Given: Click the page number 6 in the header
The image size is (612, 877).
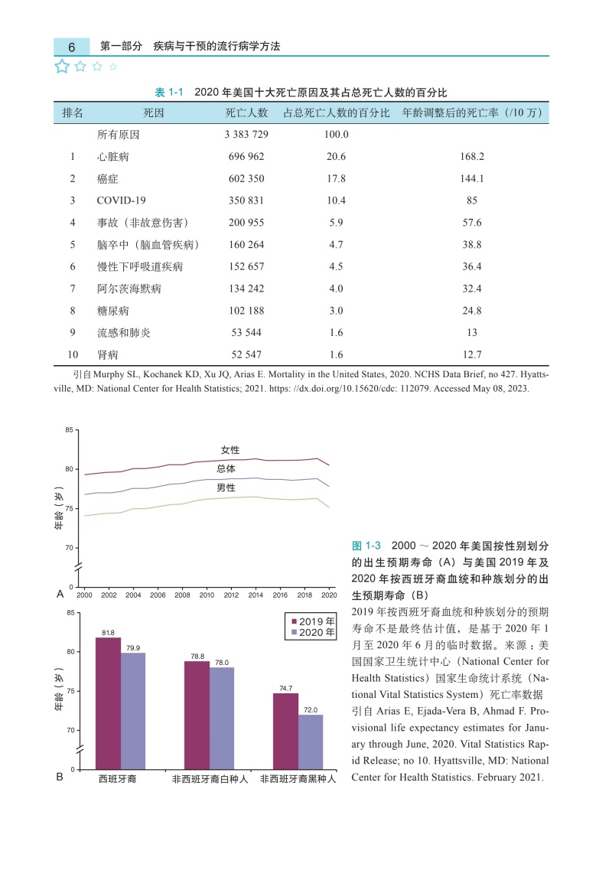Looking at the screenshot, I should coord(71,47).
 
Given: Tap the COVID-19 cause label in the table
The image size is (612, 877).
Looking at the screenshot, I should coord(121,201).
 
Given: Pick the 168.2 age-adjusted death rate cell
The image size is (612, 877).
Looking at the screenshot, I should coord(472,156).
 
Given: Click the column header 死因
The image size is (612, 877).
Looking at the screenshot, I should coord(154,112).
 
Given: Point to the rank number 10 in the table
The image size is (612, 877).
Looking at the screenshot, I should coord(73,355).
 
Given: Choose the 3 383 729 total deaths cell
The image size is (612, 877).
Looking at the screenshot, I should coord(246,134).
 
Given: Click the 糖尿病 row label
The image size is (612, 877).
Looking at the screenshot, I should coord(112,311).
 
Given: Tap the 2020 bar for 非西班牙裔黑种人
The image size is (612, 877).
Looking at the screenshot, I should coord(311,741).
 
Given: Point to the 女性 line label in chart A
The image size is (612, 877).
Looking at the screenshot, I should coord(230,449).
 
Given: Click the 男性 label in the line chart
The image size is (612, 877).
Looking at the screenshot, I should coord(226,487).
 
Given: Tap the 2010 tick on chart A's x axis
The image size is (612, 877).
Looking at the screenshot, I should coord(207,595).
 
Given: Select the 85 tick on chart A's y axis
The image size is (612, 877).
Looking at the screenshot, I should coord(70,430).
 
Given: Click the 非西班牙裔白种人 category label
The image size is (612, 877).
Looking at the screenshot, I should coord(209,779).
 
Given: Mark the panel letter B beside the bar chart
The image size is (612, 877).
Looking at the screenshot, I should coord(60,778).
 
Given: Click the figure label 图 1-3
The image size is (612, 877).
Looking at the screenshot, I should coord(366,546).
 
